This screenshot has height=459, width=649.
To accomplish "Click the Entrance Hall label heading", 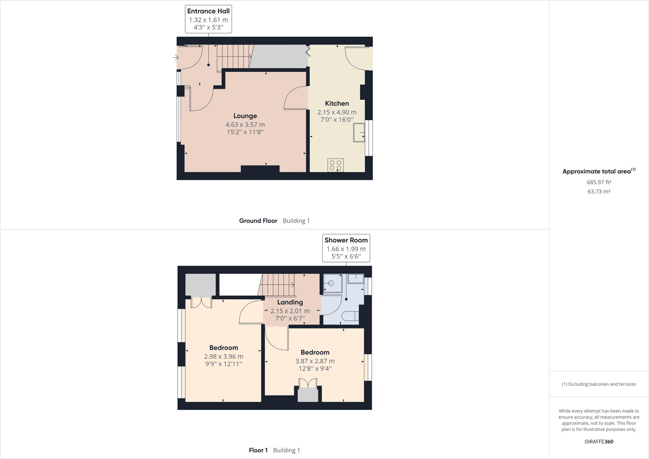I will [x=208, y=11].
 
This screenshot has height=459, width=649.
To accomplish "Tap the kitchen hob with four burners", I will [x=336, y=165].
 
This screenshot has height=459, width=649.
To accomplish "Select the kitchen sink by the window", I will [x=359, y=132].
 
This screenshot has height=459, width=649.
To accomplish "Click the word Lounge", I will [x=245, y=116].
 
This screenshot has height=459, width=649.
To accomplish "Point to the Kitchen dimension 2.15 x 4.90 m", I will [x=337, y=112].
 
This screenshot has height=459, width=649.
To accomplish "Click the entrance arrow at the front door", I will [x=176, y=58].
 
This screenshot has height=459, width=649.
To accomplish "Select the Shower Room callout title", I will [x=346, y=240].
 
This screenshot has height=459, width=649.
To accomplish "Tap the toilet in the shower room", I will [x=350, y=316].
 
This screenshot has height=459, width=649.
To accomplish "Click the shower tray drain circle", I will [x=331, y=283].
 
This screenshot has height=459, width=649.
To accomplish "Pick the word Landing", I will [x=290, y=302].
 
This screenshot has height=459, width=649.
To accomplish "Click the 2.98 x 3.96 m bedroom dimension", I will [x=224, y=356].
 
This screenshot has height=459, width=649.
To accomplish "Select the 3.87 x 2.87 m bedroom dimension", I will [x=315, y=361].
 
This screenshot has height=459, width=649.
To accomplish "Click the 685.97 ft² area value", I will [x=599, y=182].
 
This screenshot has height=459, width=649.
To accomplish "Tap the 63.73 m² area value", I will [x=599, y=191].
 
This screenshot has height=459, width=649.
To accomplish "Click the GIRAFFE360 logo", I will [x=599, y=441].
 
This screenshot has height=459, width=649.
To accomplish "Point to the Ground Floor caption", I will [x=258, y=221].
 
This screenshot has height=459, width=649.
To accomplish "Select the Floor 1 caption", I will [x=258, y=450].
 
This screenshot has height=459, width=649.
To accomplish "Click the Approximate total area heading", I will [x=597, y=171].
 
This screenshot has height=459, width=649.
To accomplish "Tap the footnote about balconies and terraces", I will [x=599, y=384].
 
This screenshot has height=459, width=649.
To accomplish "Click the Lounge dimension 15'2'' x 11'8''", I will [x=245, y=132].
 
